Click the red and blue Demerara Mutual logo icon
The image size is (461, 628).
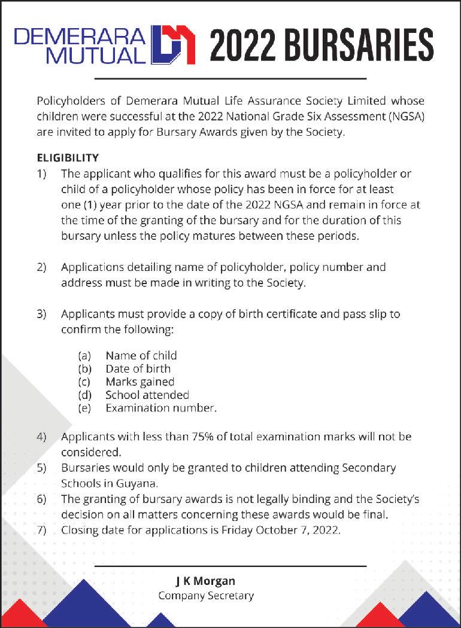[174, 44]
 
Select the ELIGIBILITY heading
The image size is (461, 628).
[68, 158]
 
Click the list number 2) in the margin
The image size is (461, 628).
[41, 267]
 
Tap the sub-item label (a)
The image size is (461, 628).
[84, 355]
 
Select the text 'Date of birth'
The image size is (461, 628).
[138, 368]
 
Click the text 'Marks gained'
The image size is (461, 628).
[139, 382]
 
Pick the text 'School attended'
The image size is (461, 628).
[147, 395]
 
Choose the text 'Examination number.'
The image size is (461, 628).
[160, 408]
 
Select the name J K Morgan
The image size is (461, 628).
[205, 581]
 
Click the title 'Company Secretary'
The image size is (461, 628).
[206, 596]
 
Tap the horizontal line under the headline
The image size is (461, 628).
[230, 78]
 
